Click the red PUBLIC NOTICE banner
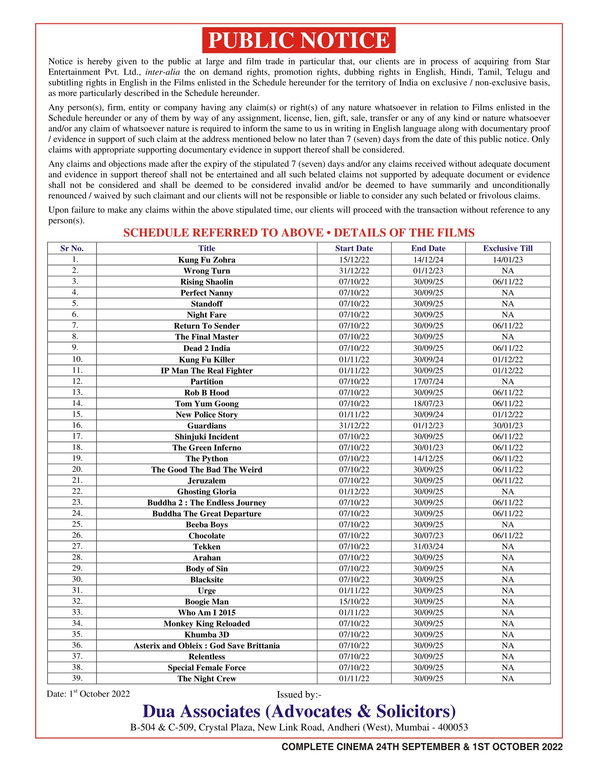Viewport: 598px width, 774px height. (x=299, y=40)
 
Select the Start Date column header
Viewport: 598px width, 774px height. (x=354, y=248)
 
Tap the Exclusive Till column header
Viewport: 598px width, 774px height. (x=507, y=248)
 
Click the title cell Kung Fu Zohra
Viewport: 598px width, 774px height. (x=206, y=260)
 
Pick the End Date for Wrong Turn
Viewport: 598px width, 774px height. (x=428, y=271)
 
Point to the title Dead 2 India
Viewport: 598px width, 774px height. (x=206, y=348)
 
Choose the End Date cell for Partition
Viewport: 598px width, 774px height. (x=428, y=381)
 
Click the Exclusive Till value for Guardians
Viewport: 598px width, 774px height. (x=507, y=425)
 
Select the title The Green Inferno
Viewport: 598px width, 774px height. (x=206, y=448)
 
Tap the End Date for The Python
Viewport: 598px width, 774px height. (x=428, y=458)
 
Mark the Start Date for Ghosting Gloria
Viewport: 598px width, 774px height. (x=354, y=491)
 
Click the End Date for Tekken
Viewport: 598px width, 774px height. (x=428, y=546)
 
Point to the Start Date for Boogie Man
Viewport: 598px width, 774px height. (x=354, y=601)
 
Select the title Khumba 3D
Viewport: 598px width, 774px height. (x=206, y=634)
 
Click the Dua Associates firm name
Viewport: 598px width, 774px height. (x=299, y=711)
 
